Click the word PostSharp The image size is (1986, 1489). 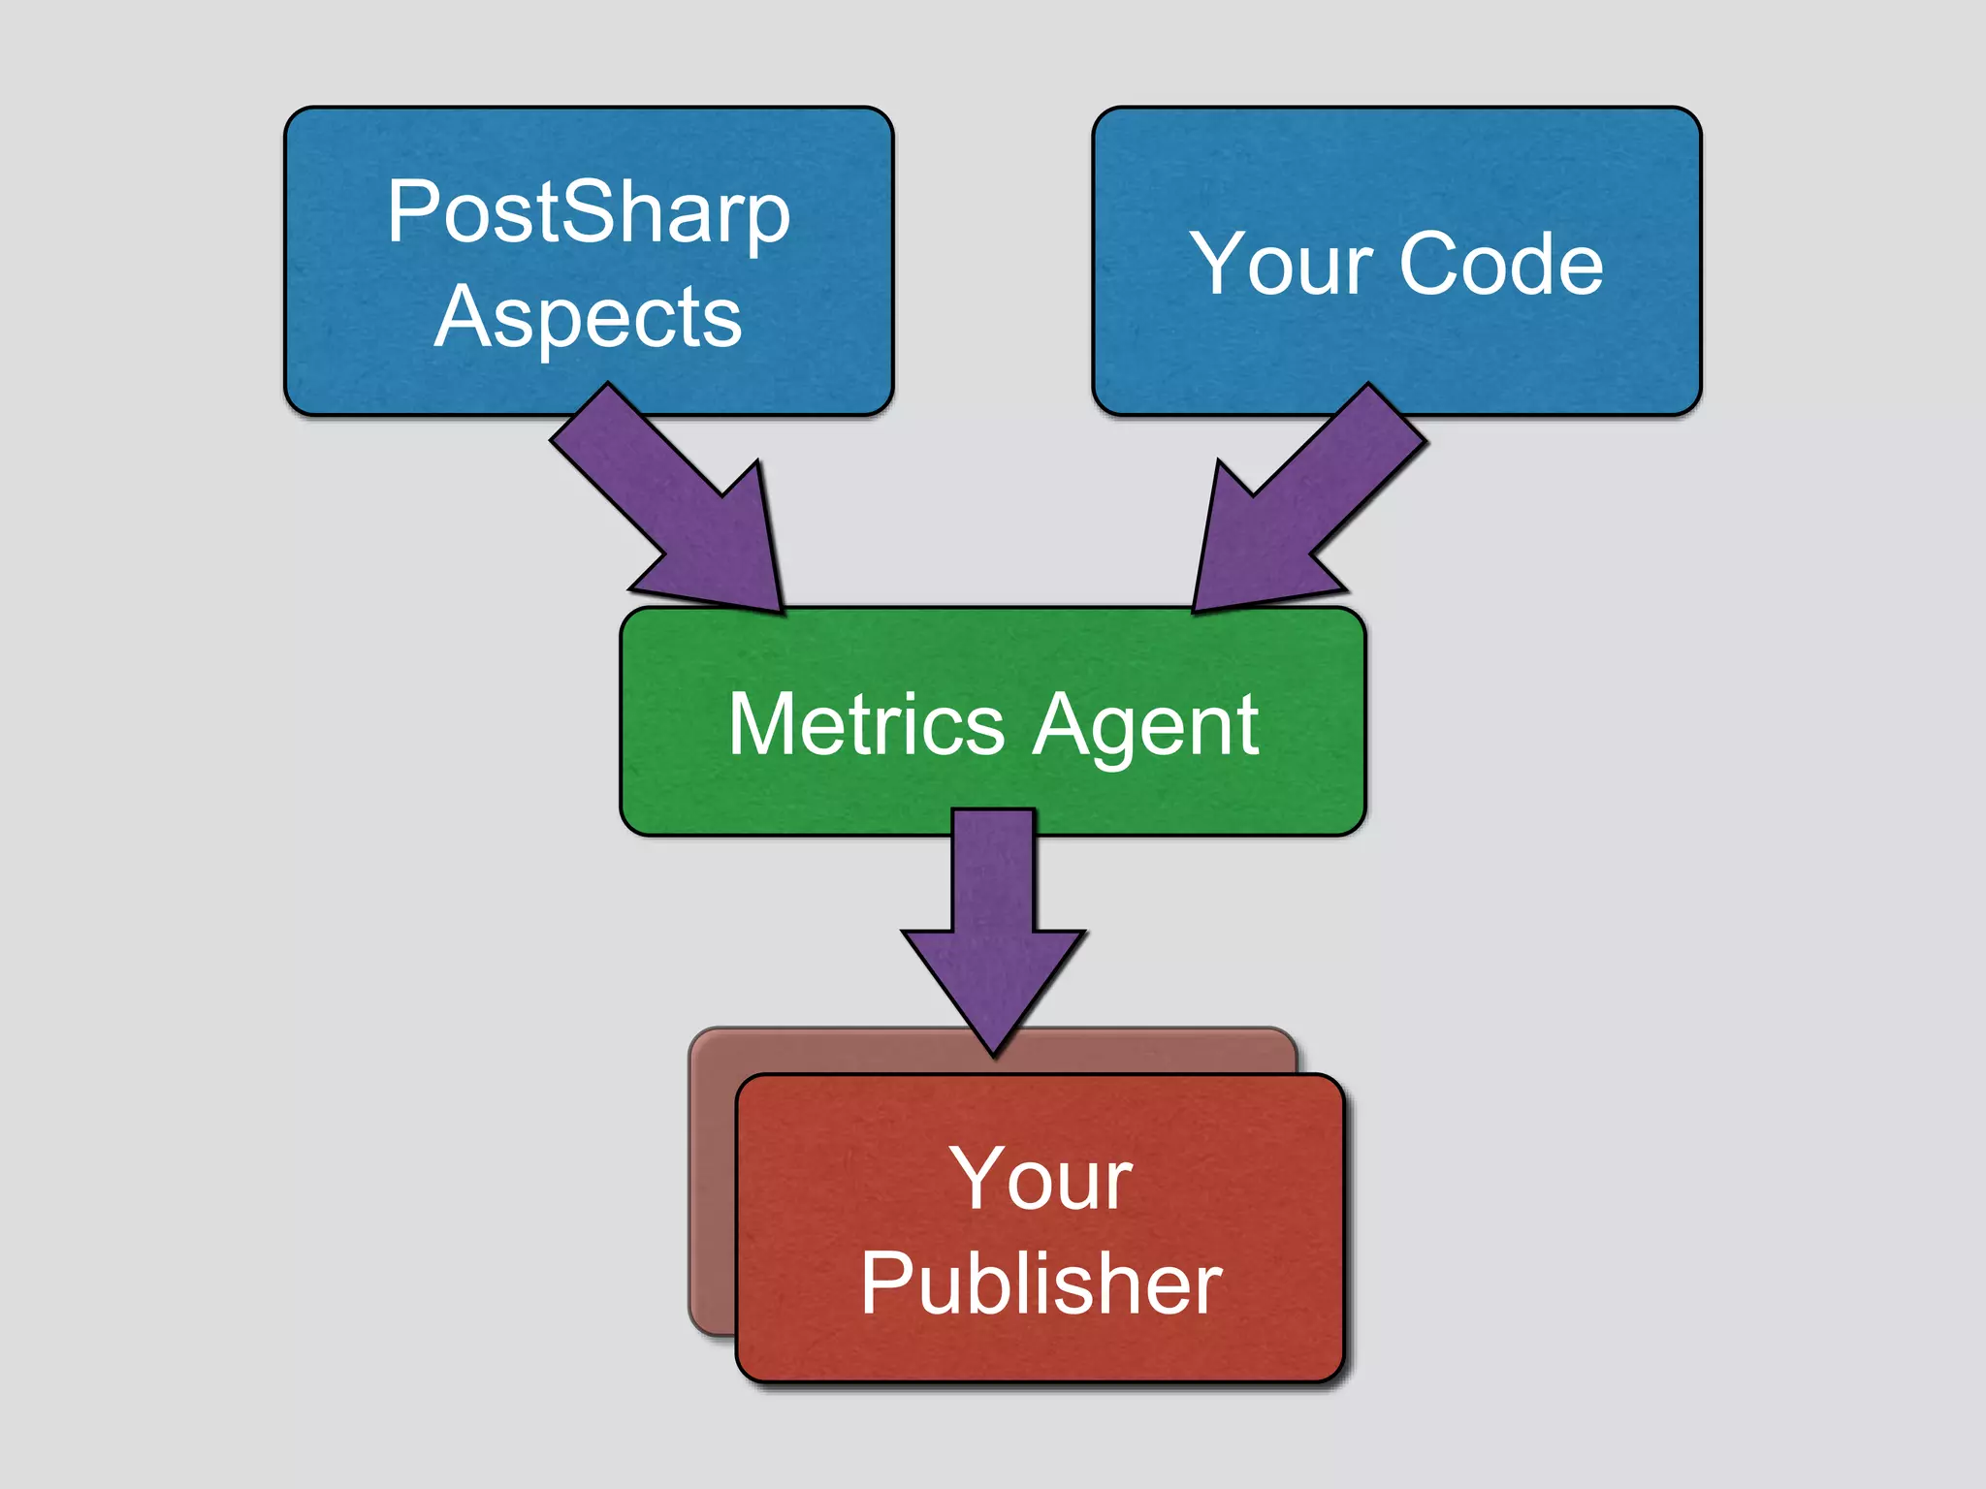[588, 213]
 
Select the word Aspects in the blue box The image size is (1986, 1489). [588, 318]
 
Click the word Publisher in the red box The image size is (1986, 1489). [1041, 1283]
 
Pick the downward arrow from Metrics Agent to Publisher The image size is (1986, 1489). [994, 931]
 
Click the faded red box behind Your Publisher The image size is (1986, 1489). [713, 1183]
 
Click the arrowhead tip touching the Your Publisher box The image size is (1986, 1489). [994, 1051]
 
